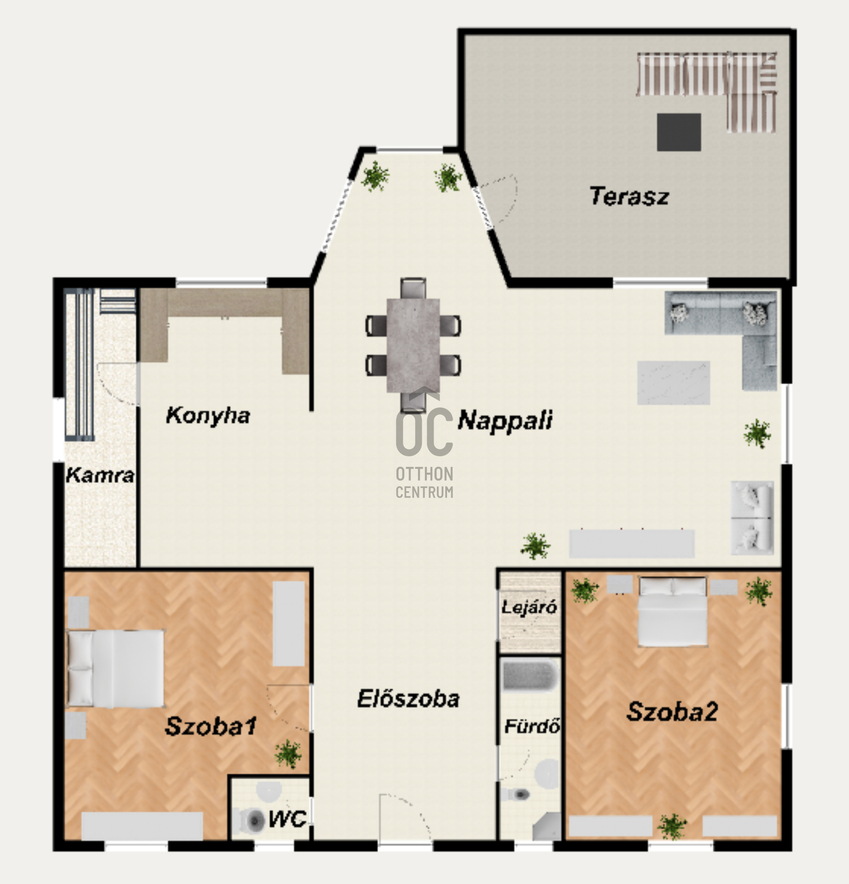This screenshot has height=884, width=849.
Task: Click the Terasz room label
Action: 629,196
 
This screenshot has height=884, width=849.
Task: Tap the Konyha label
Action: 208,416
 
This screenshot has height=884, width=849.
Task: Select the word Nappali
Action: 505,420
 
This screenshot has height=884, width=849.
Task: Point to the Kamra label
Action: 100,475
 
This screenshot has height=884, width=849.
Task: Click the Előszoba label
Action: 408,698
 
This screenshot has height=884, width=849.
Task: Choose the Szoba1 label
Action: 210,726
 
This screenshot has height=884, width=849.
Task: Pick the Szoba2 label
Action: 672,711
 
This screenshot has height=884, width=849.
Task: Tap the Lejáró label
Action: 529,607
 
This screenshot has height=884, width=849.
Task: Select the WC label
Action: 288,819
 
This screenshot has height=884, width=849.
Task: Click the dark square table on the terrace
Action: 679,132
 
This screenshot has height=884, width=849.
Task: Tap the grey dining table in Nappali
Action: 413,346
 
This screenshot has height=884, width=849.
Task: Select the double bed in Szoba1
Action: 116,668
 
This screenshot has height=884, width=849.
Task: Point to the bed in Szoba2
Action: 673,611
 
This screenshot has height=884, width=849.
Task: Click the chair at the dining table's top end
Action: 413,288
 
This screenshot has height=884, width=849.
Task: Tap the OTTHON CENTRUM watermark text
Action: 424,483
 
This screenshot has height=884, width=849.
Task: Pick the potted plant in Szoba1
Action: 288,754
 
